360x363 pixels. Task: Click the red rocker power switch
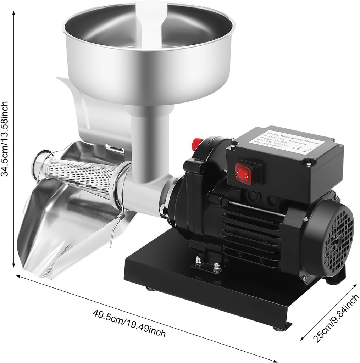pyautogui.click(x=244, y=173)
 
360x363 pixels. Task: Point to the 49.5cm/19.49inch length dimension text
pyautogui.click(x=129, y=323)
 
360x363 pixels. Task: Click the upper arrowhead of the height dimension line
pyautogui.click(x=13, y=13)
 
